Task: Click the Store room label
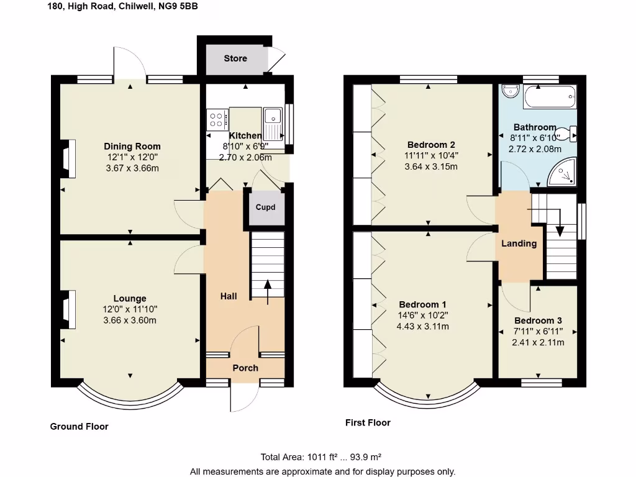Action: tap(235, 58)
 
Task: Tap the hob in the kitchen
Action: tap(217, 119)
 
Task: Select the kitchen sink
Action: tap(273, 118)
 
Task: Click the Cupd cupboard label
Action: tap(265, 207)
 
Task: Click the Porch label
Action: tap(245, 368)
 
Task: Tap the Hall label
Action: tap(229, 296)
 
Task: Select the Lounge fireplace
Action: tap(69, 309)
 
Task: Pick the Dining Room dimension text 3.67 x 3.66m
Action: tap(132, 168)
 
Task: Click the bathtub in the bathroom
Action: tap(550, 98)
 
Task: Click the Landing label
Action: tap(519, 243)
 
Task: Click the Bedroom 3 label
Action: tap(538, 320)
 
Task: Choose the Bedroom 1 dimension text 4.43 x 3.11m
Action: tap(422, 326)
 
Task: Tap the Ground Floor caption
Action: tap(79, 427)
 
